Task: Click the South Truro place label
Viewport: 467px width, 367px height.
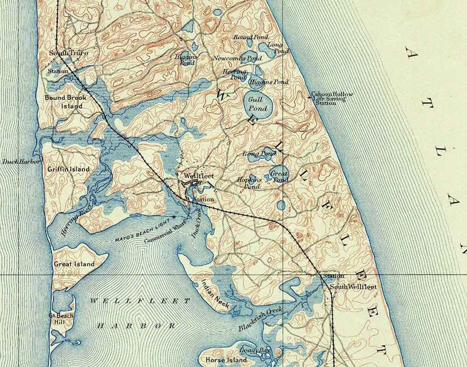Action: point(68,53)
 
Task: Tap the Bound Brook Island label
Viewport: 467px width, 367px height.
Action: point(66,102)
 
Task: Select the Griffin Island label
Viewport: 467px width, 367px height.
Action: point(68,169)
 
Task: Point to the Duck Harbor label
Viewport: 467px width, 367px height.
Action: point(21,161)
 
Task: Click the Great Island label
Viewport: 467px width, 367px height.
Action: point(74,264)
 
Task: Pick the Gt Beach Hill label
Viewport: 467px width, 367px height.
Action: point(57,319)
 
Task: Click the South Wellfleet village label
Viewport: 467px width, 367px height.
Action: point(353,287)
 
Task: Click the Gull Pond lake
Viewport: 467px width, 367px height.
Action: point(258,104)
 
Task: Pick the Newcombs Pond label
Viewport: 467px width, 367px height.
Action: point(237,59)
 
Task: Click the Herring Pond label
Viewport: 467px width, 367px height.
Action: point(235,74)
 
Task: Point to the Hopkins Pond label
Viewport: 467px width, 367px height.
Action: point(249,183)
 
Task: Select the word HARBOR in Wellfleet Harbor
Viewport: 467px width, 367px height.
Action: point(137,326)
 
